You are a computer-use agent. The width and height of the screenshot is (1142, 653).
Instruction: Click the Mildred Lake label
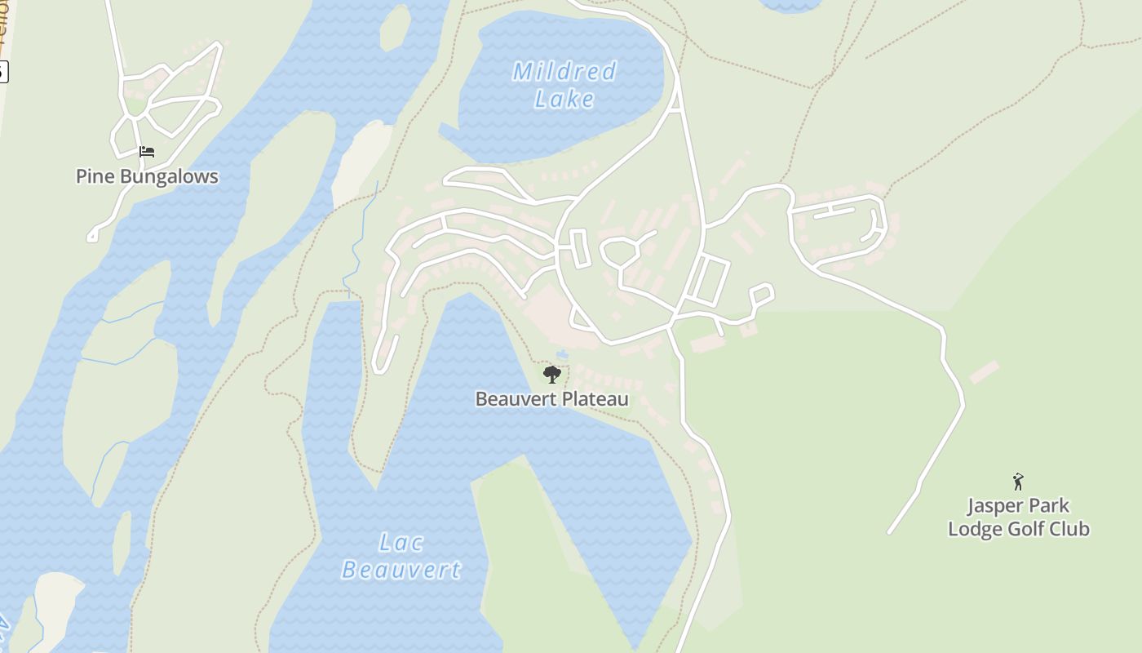point(564,85)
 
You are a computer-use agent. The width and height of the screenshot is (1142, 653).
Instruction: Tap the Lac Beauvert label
point(401,555)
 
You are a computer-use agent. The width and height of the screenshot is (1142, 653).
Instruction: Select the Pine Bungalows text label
point(147,176)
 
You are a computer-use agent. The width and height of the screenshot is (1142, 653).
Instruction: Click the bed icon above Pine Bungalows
point(147,152)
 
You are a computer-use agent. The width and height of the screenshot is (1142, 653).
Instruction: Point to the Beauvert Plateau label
point(552,399)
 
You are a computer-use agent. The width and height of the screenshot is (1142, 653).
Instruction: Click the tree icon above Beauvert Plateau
point(552,375)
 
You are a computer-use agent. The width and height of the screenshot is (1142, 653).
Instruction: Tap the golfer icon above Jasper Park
point(1018,482)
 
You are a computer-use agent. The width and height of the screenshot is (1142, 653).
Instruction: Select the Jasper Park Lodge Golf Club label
point(1018,518)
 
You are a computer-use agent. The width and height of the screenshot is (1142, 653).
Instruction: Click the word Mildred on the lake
point(564,72)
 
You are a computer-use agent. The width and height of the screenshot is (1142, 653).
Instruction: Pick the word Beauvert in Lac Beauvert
point(401,569)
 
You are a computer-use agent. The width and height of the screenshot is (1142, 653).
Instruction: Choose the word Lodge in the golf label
point(975,529)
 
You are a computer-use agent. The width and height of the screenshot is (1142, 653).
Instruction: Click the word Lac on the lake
point(401,542)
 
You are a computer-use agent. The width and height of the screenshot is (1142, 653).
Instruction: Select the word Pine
point(94,176)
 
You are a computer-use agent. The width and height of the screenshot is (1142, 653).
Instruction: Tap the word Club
point(1070,529)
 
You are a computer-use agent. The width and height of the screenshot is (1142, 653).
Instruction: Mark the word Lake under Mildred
point(564,100)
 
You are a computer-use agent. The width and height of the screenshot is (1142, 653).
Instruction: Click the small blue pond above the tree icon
point(562,354)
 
